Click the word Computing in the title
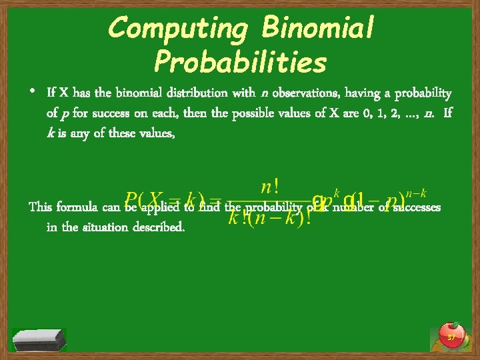[x=179, y=28]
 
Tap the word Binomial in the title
[x=319, y=28]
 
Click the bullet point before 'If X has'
[x=33, y=91]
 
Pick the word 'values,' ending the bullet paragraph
[x=153, y=133]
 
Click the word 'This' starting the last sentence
[x=41, y=207]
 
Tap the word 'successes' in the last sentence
[x=417, y=207]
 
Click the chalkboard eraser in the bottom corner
[x=39, y=339]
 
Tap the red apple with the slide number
[x=451, y=335]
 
